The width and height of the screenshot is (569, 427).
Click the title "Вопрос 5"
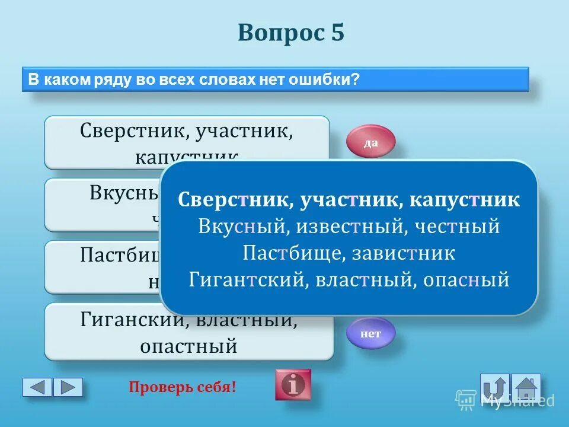[290, 33]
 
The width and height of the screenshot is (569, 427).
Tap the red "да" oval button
[370, 142]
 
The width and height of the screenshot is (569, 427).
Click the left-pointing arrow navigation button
[37, 387]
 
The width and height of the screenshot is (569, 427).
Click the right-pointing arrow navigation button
[68, 387]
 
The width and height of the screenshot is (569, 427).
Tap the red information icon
[292, 384]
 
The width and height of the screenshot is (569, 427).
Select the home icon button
[526, 387]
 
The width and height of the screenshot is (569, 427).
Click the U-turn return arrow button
[494, 387]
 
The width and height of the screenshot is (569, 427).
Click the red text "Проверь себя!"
[183, 387]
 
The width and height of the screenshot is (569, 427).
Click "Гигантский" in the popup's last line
[246, 279]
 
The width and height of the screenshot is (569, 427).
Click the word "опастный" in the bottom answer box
[188, 345]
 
